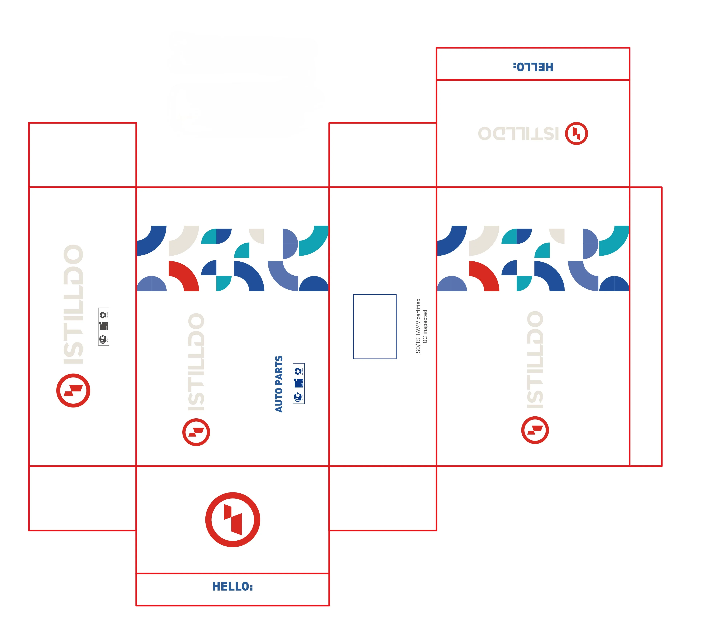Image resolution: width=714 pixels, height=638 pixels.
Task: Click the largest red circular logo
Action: pos(233,520)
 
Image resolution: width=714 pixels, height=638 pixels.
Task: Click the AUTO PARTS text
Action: pos(279,384)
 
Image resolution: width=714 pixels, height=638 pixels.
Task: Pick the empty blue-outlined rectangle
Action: pos(375,326)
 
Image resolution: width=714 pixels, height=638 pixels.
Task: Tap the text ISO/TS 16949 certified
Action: pos(418,326)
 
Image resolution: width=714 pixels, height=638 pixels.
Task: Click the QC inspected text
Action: pos(425,326)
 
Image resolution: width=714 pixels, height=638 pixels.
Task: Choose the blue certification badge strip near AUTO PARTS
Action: pos(299,383)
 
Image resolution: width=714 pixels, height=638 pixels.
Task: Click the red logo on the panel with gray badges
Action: pos(73,390)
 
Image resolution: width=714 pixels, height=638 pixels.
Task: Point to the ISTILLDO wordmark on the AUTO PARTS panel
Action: pos(196,362)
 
